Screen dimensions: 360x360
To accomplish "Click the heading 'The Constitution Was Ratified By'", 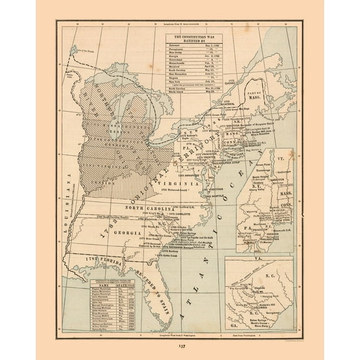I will click(x=194, y=41).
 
